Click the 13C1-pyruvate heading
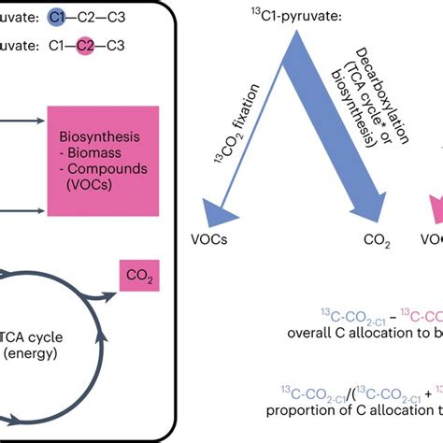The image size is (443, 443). pos(295,15)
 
